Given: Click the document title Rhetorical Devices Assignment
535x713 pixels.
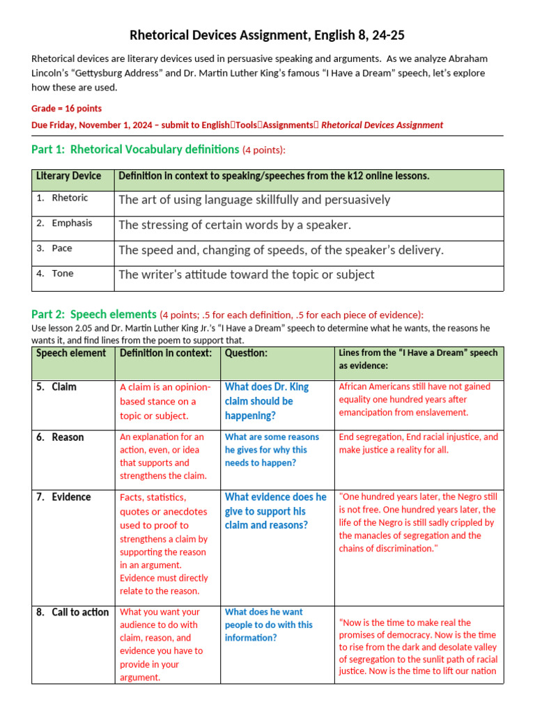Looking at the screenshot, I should click(x=267, y=36).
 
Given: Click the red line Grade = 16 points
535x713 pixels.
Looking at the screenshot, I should click(x=66, y=109).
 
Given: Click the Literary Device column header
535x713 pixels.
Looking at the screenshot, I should click(x=68, y=176).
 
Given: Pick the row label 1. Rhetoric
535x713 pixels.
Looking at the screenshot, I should click(x=63, y=198).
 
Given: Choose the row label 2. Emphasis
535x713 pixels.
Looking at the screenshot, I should click(x=65, y=223).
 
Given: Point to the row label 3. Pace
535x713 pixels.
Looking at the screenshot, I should click(x=55, y=248).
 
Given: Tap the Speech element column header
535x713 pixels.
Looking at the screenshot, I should click(x=71, y=353).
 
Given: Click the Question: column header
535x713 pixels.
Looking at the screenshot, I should click(x=246, y=353).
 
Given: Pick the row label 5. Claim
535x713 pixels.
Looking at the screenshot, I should click(x=57, y=386).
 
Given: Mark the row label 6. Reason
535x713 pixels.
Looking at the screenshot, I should click(x=61, y=437).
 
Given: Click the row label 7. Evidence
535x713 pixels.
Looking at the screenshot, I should click(x=64, y=497).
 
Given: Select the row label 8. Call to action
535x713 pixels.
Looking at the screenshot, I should click(x=73, y=612).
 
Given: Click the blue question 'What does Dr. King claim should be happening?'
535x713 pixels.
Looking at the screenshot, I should click(x=266, y=401).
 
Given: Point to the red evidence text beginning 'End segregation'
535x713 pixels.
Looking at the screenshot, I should click(x=418, y=444).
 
